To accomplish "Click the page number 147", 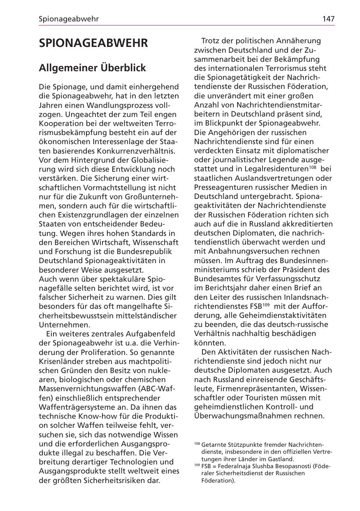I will (328, 19).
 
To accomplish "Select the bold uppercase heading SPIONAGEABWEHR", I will (93, 44).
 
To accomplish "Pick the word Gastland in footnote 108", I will (279, 459).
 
